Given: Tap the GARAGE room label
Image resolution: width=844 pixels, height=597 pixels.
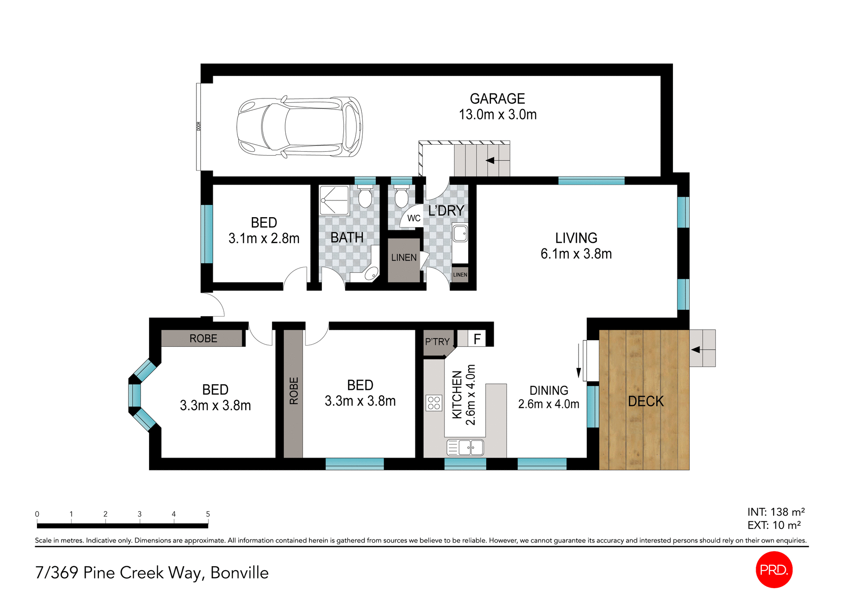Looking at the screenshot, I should [497, 99].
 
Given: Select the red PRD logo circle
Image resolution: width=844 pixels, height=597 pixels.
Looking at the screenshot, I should [774, 569].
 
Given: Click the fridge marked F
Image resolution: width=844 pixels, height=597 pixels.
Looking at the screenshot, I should [477, 339].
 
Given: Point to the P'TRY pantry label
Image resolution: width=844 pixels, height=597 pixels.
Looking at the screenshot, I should [437, 342].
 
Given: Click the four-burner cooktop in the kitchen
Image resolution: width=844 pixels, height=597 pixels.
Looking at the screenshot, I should [434, 403].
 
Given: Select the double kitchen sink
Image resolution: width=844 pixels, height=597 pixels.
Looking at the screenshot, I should [465, 448].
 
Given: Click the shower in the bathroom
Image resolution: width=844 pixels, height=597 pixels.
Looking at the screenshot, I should [334, 200].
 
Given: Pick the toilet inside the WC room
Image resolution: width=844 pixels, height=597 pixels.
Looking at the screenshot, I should [401, 197].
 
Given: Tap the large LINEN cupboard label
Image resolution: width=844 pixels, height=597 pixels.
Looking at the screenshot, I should [404, 258].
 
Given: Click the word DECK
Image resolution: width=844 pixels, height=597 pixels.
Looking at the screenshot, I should [645, 401].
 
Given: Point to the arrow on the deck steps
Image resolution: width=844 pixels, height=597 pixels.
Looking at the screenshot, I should [696, 350].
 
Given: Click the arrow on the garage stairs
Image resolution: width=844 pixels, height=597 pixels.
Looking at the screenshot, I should [490, 160].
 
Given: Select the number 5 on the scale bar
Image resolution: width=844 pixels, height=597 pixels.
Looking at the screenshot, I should [208, 514].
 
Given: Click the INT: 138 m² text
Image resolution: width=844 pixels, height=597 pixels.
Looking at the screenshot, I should [776, 512].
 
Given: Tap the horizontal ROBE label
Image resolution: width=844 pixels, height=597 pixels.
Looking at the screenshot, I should [203, 339].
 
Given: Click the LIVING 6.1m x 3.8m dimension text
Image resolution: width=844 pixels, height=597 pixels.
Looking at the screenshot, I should [576, 254].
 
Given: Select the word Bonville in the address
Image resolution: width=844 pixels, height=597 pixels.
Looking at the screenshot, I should [240, 573].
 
